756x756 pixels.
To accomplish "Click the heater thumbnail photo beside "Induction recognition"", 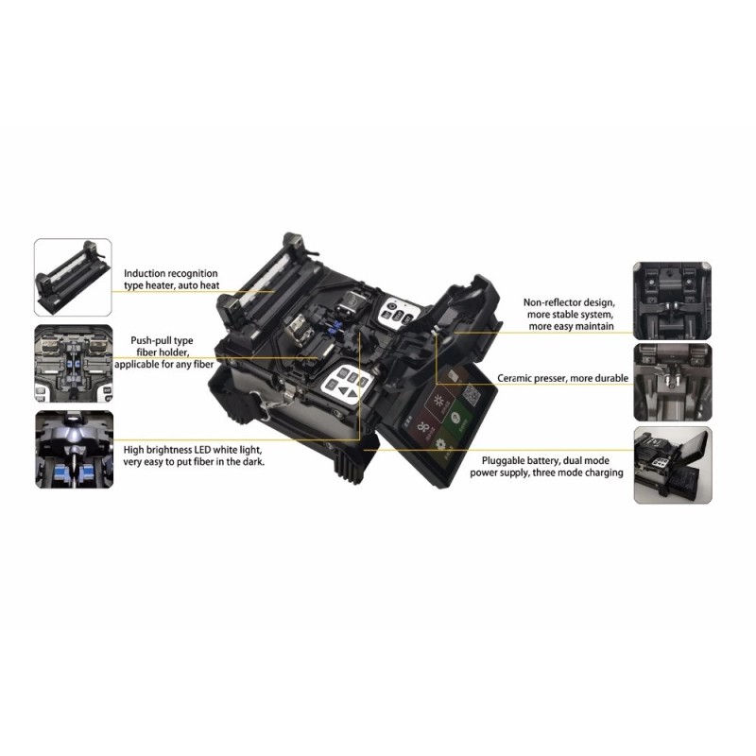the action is coord(73,277).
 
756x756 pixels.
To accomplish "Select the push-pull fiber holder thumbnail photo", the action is coord(74,364).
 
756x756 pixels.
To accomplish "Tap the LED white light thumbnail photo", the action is coord(75,450).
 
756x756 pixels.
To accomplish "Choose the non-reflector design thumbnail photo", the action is coord(672,301).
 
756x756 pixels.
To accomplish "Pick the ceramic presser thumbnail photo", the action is coord(673,382).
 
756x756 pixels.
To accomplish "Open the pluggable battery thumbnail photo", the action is coord(673,465).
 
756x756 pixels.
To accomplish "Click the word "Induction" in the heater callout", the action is coord(144,273).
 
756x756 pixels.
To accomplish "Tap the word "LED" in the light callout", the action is coord(202,450).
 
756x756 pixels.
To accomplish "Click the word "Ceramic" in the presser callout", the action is coord(514,379).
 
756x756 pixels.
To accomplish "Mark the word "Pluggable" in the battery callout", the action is coord(504,461).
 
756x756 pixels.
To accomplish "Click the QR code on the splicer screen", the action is coord(472,395).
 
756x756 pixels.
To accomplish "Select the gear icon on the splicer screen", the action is coord(439,444).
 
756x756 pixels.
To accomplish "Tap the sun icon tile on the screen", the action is coord(438,402).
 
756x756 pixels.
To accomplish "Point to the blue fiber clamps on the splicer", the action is coord(333,328).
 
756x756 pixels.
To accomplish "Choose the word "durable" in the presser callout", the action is coord(611,379).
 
